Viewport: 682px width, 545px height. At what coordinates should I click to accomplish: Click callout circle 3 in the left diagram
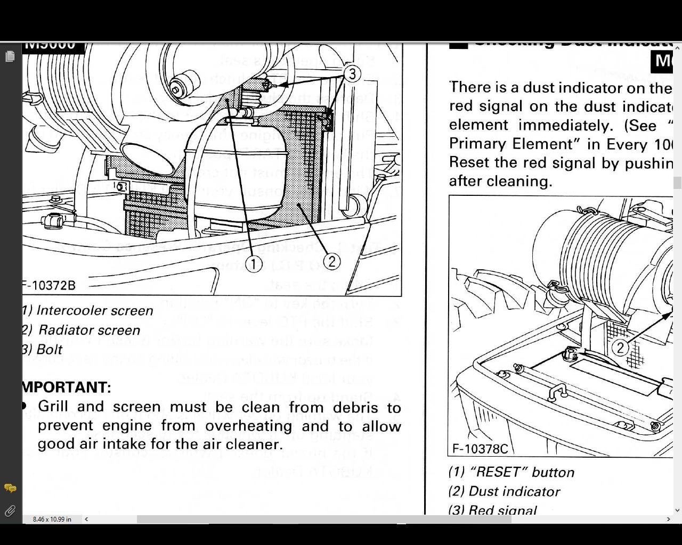pos(352,74)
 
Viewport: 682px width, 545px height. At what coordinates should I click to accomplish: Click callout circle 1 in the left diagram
pos(254,263)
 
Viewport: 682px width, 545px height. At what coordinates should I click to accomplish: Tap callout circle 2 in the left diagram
pos(331,261)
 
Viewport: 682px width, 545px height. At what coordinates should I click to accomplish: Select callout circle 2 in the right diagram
pos(620,348)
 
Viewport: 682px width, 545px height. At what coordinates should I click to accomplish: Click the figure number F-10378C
pos(480,449)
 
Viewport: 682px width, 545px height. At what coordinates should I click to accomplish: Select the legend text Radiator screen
pos(89,330)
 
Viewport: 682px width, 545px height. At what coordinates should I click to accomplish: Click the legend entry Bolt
pos(49,350)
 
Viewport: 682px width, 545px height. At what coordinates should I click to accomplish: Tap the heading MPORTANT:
pos(67,387)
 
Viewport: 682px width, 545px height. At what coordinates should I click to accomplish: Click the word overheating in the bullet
pos(248,426)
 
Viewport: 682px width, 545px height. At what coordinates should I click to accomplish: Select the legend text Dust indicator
pos(514,491)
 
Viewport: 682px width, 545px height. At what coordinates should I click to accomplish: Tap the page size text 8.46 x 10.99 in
pos(52,519)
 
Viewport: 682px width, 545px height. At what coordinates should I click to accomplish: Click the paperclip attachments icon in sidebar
pos(10,511)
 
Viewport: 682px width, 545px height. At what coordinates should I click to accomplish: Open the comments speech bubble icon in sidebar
pos(10,488)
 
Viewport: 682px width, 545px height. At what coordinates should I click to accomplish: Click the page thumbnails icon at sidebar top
pos(10,56)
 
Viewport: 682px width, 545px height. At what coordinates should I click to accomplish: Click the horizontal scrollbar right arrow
pos(668,519)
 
